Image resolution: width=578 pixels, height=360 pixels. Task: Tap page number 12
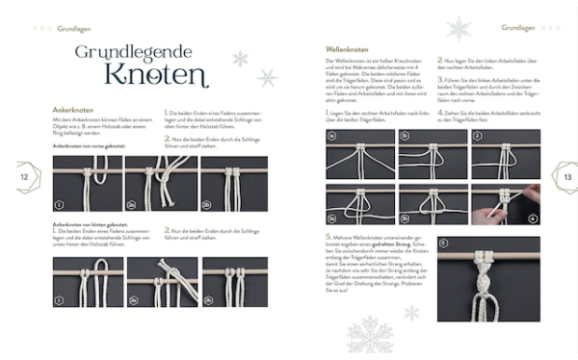23,177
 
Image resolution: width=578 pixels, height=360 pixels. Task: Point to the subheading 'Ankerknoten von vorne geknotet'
95,144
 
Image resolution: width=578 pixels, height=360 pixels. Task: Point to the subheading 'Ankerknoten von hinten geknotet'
96,224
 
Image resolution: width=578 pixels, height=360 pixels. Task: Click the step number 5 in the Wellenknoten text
328,235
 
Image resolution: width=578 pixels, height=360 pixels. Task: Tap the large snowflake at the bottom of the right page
371,335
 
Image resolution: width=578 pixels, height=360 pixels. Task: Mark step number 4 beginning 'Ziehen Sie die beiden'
440,114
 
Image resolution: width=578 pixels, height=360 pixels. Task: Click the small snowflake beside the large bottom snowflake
412,312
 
